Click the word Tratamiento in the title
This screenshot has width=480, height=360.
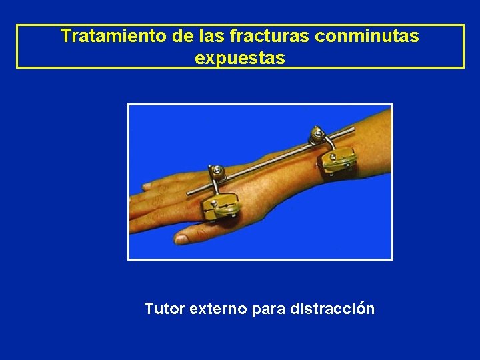tap(113, 36)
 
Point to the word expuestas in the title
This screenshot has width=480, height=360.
tap(240, 58)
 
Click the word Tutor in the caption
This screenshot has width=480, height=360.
tap(165, 309)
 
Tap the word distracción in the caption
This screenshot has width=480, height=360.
tap(333, 309)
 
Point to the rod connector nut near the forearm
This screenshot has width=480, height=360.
tap(317, 137)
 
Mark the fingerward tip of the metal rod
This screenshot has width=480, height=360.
tap(187, 193)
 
